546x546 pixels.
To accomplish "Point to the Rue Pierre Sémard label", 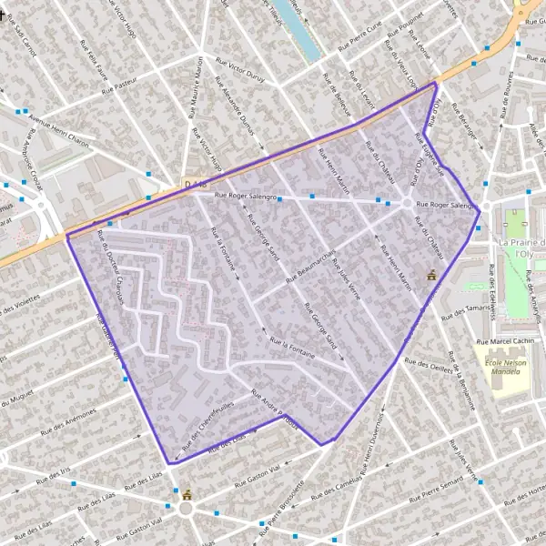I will coord(440,496).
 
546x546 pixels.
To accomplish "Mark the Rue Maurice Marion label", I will coord(196,87).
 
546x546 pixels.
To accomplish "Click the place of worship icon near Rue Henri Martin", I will coord(432,275).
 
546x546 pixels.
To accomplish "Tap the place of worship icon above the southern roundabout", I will coord(187,494).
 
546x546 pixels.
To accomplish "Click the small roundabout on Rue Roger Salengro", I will coord(406,203).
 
